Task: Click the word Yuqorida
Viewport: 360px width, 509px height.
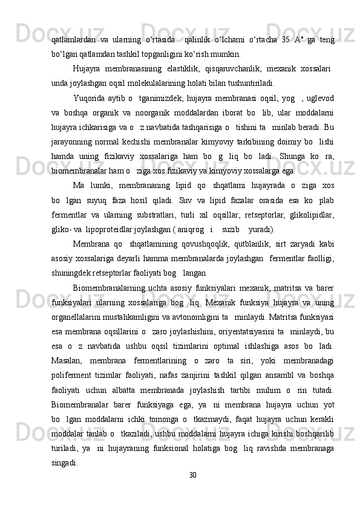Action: click(x=88, y=96)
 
